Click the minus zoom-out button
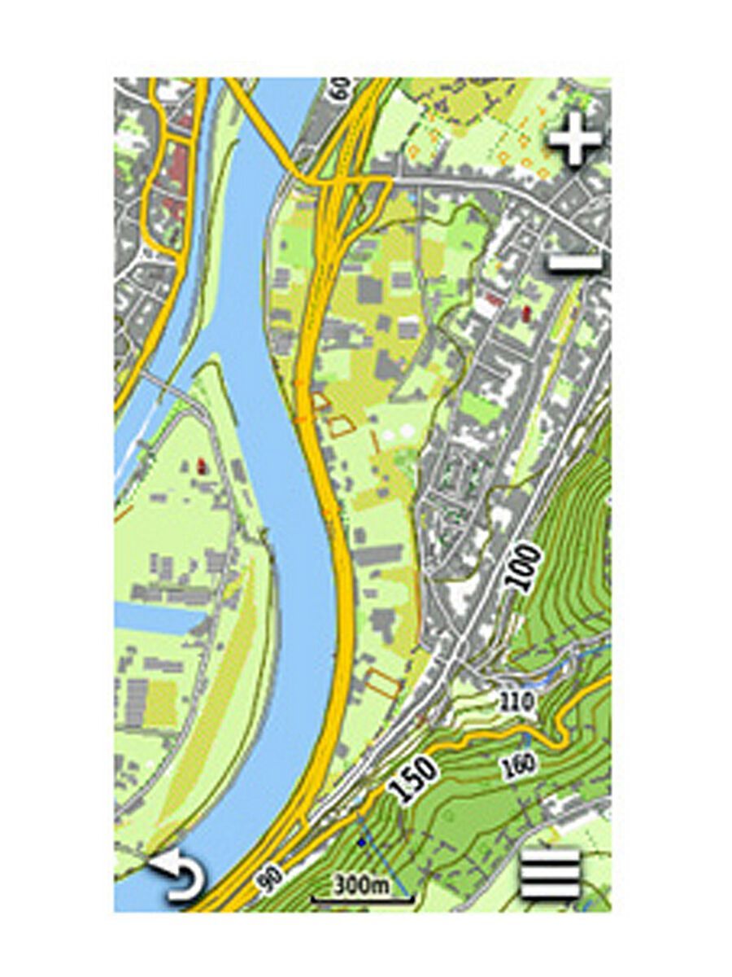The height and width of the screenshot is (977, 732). (x=575, y=262)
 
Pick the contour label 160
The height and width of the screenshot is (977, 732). (x=519, y=764)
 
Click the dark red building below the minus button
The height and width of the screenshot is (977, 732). (x=525, y=311)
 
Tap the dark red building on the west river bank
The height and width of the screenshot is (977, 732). (x=201, y=466)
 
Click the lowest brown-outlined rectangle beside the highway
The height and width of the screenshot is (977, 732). (x=383, y=682)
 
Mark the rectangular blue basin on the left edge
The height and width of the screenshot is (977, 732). (x=159, y=620)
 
